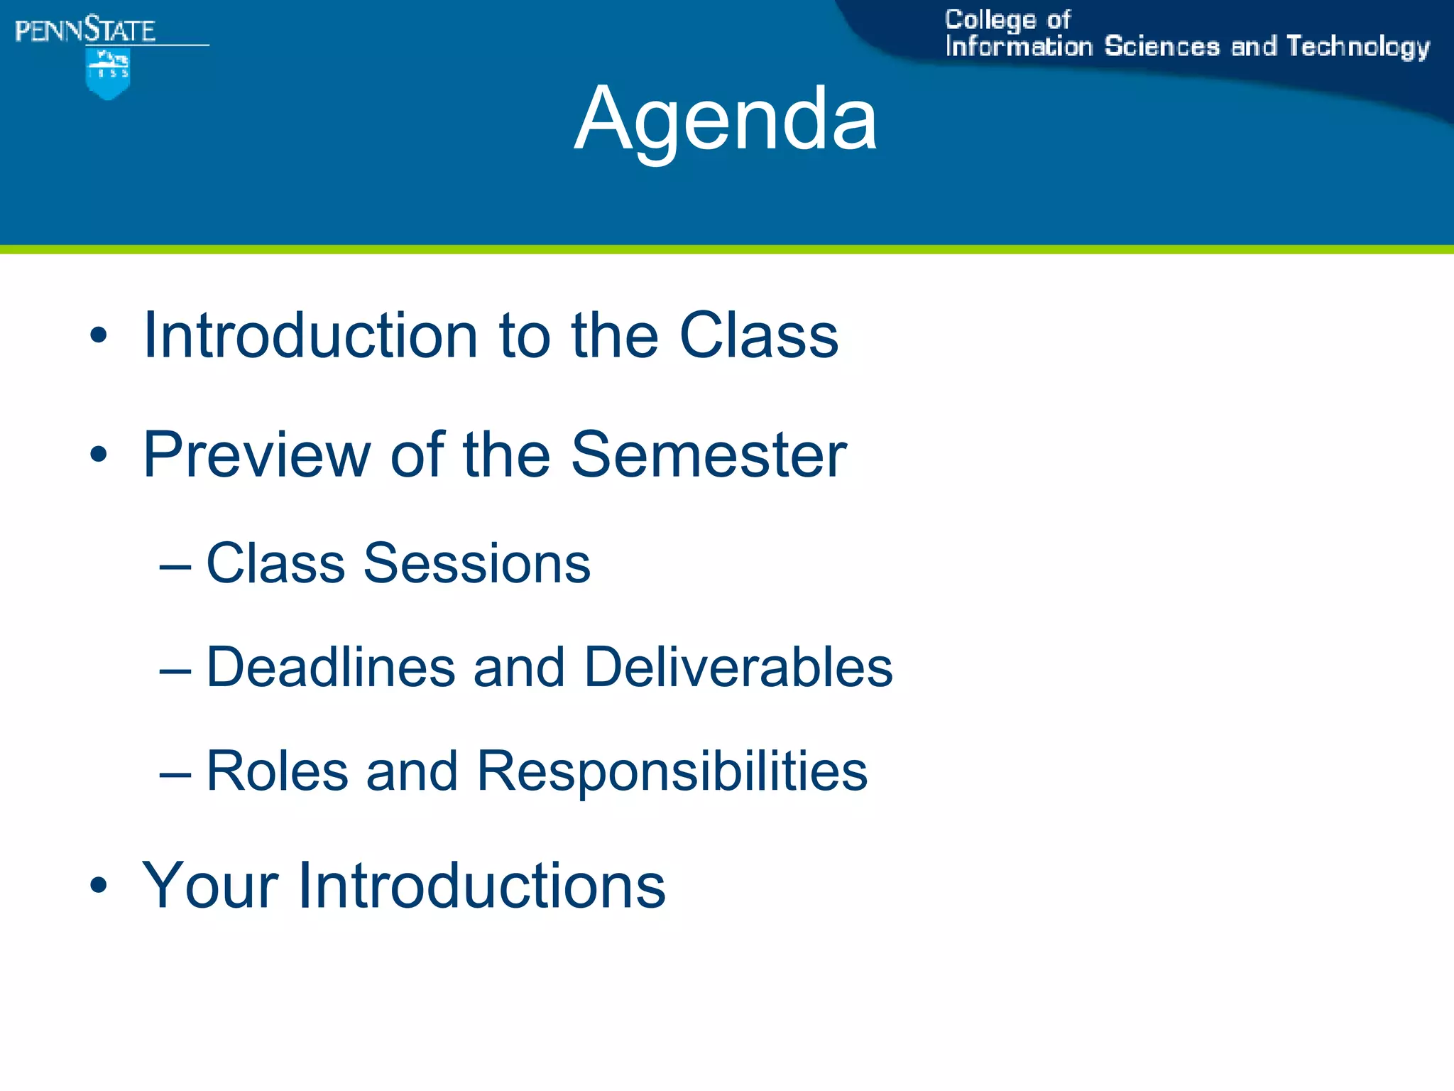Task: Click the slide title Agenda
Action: point(726,119)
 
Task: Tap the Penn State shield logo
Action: point(107,73)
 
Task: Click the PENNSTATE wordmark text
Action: point(85,31)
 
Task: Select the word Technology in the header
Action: point(1357,47)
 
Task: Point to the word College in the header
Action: point(990,20)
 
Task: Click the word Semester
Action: point(708,455)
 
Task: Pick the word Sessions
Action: point(476,563)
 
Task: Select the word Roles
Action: point(277,771)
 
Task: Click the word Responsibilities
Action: point(672,772)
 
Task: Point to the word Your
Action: point(210,885)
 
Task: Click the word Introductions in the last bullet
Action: point(481,885)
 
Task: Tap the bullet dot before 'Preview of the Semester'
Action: point(99,455)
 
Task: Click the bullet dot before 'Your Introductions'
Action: point(99,886)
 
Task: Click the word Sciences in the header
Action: point(1161,47)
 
